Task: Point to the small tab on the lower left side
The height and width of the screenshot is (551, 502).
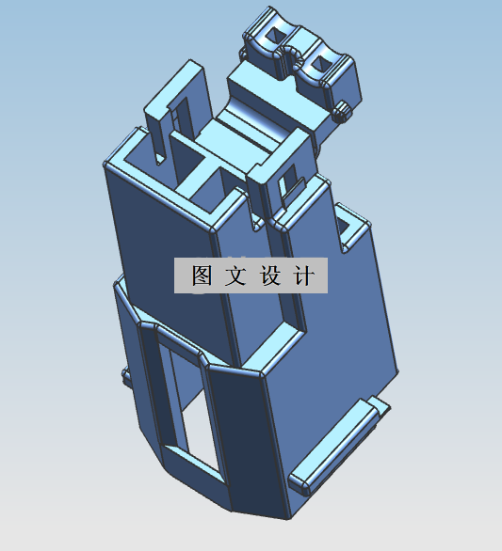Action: point(125,376)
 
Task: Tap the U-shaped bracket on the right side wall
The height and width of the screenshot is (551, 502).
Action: point(352,227)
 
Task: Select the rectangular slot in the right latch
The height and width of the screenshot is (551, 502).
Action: point(288,184)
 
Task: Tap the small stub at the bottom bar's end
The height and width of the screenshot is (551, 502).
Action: point(379,405)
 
